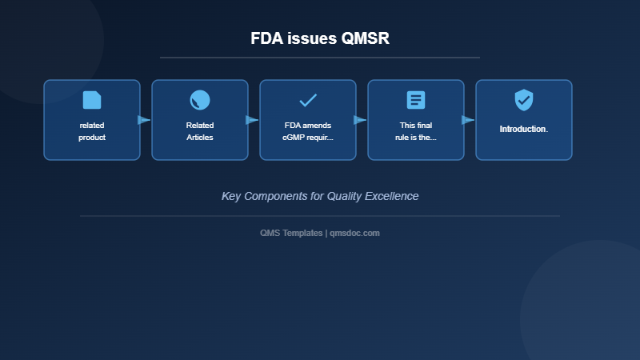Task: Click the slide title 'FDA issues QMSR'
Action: pos(320,38)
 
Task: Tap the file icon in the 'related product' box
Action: pos(92,100)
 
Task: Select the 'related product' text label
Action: pos(92,131)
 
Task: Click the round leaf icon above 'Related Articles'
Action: pos(200,100)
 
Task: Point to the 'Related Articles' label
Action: pos(200,131)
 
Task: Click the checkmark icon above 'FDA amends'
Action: pos(308,100)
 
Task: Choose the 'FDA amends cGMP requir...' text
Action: pos(308,131)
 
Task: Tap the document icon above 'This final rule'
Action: pos(416,100)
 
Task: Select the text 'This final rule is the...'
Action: pos(416,131)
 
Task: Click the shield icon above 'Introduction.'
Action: pos(524,100)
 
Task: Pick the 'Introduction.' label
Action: pos(524,129)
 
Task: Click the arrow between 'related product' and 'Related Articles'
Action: pos(144,120)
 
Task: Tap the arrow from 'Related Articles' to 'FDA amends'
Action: pos(252,120)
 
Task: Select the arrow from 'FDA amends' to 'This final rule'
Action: pos(360,120)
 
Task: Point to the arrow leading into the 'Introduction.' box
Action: pos(468,120)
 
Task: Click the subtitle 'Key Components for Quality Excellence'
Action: pos(320,196)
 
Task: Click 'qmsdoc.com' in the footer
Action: pos(354,233)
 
